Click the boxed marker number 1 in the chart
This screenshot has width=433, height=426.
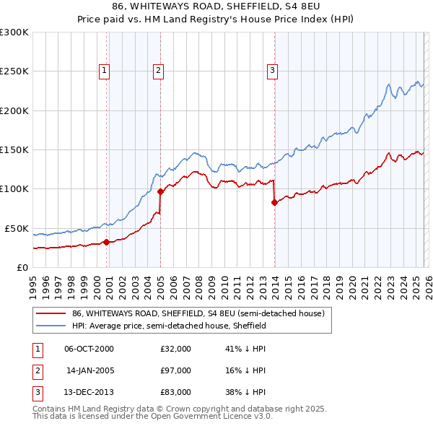click(x=105, y=70)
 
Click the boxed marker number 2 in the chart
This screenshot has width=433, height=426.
click(x=157, y=70)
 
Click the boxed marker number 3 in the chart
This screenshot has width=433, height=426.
click(x=273, y=70)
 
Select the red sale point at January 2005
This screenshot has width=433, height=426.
click(x=160, y=191)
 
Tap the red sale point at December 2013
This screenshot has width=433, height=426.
click(x=274, y=202)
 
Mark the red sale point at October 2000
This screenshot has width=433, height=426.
click(x=106, y=242)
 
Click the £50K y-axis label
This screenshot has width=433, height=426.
click(x=17, y=228)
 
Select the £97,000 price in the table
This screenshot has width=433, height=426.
click(x=176, y=370)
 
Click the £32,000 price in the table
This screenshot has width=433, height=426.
click(x=176, y=349)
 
